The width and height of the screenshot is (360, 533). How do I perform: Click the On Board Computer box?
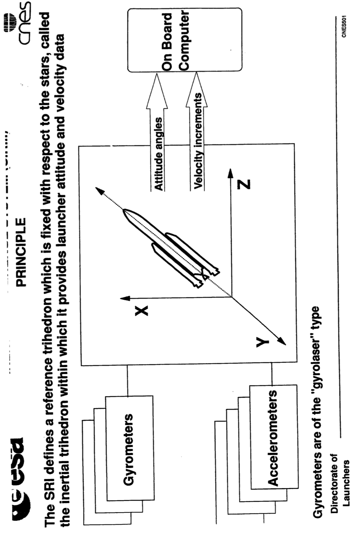pos(185,40)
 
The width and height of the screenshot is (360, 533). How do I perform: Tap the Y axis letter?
pos(262,342)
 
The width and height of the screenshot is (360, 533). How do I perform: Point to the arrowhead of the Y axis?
pos(283,342)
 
